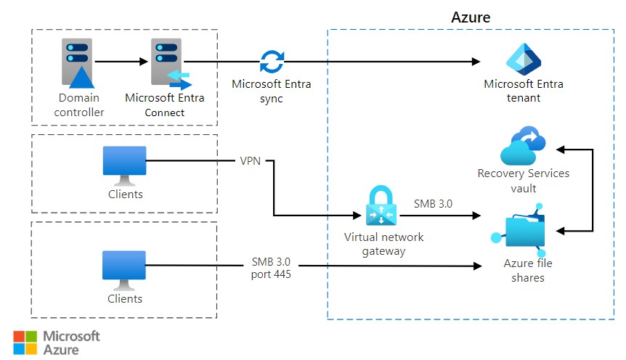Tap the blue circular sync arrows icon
click(x=272, y=62)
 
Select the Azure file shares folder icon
click(x=521, y=230)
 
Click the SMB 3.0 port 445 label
click(x=272, y=267)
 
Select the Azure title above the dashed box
click(x=471, y=17)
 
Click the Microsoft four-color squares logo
click(x=25, y=343)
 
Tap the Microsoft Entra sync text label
click(x=272, y=91)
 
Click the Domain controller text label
click(x=78, y=105)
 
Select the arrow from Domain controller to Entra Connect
click(x=121, y=62)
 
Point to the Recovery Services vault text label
click(x=523, y=180)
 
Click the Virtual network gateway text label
click(x=384, y=244)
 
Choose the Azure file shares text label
click(x=523, y=270)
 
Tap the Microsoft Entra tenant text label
click(x=523, y=91)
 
